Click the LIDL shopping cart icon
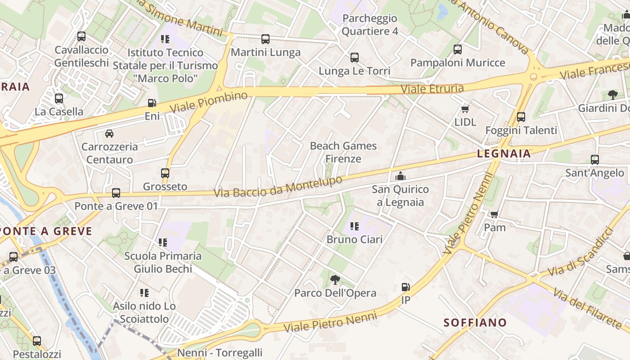[465, 109]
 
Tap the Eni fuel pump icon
[152, 103]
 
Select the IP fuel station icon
[405, 287]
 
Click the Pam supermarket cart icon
[495, 214]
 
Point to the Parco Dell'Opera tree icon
[335, 280]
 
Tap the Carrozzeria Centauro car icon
[109, 133]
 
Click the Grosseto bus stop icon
[165, 173]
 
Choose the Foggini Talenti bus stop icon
[521, 117]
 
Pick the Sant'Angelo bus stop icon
[595, 159]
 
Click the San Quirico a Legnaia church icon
[400, 176]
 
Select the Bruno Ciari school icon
[355, 226]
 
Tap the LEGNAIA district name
[504, 154]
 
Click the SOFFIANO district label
[475, 323]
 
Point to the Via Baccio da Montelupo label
[278, 187]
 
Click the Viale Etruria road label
[432, 88]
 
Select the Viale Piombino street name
[209, 102]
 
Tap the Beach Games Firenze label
[343, 152]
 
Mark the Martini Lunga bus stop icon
[265, 39]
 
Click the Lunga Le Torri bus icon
[355, 58]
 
